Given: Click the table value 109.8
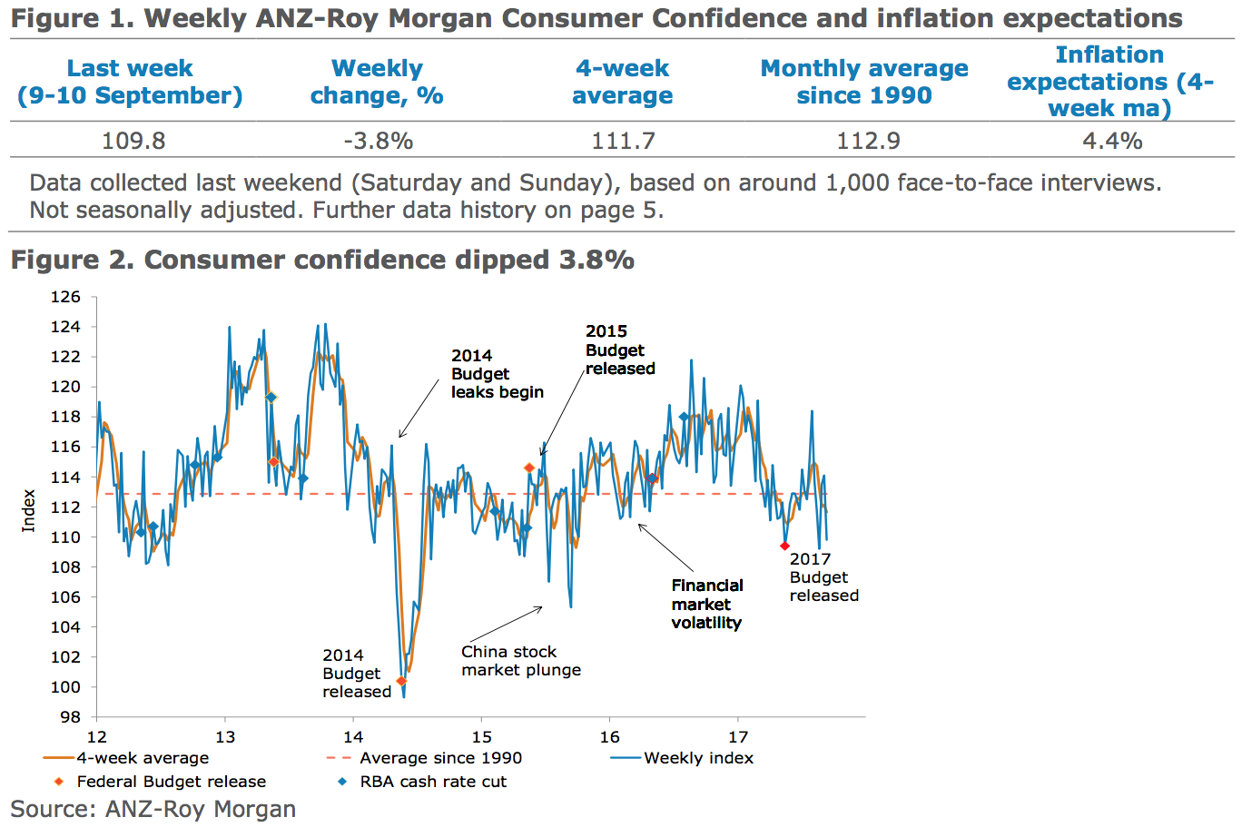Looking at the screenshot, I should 133,141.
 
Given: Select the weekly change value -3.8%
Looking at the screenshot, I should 378,141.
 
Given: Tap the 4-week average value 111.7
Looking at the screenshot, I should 623,141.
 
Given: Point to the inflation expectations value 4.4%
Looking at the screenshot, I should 1112,141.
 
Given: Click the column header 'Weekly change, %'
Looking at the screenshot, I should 377,82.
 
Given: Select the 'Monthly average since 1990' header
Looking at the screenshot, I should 864,82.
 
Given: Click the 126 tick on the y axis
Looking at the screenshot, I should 65,297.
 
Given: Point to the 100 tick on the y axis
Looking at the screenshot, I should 65,687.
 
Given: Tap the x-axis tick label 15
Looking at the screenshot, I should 481,736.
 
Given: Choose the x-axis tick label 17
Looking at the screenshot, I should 738,736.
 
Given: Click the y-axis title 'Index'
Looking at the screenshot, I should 29,510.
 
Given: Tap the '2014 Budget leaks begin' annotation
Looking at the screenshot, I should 497,374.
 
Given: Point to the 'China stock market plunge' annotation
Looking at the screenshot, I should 520,661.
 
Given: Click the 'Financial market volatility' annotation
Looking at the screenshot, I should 706,605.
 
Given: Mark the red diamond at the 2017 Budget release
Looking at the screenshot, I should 784,546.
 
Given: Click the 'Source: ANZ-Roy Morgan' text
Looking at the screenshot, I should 153,810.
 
